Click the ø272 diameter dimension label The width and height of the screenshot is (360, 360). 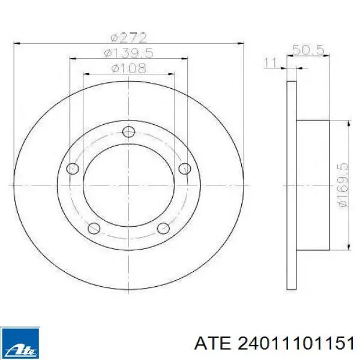(x=128, y=38)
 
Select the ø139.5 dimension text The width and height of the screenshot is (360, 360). (x=128, y=53)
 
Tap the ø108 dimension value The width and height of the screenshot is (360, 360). (x=128, y=68)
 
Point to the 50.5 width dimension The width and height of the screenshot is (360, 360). (x=308, y=50)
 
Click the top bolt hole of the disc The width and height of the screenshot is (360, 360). (x=128, y=133)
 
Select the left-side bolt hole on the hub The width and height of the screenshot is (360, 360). (x=73, y=168)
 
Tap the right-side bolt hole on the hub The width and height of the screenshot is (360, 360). (x=185, y=168)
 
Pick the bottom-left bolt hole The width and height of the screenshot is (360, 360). (x=94, y=229)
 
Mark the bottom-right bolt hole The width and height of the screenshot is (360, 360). (x=163, y=229)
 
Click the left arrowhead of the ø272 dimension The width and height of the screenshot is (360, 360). (x=16, y=44)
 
